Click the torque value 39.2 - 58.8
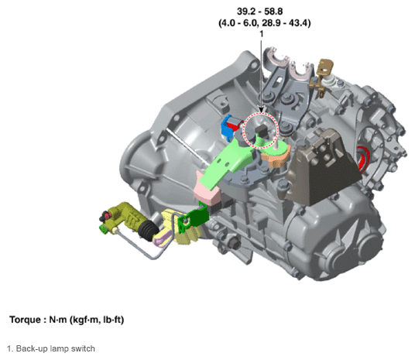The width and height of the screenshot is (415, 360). click(259, 12)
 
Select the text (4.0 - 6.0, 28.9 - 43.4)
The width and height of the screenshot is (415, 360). click(264, 23)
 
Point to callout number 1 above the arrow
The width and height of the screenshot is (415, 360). click(261, 34)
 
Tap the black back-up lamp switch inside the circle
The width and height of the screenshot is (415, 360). click(262, 130)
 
